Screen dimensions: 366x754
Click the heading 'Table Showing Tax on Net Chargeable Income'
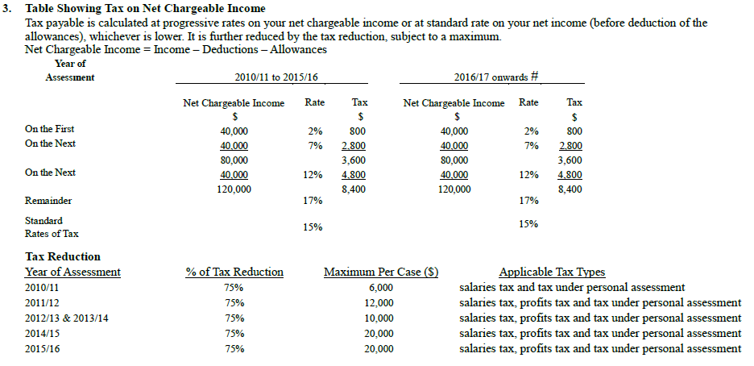tap(145, 9)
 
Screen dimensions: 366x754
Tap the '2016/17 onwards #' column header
tap(495, 77)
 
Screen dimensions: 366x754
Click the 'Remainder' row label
tap(48, 201)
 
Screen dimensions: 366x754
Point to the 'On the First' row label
tap(50, 129)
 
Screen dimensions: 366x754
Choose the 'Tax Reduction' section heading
tap(63, 257)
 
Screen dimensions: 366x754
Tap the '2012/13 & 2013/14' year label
tap(67, 318)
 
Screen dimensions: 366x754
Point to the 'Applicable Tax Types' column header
tap(552, 272)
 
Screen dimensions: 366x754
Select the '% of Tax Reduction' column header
tap(234, 272)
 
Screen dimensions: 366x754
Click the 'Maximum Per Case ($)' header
tap(380, 272)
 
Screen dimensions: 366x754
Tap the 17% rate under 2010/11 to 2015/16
tap(313, 201)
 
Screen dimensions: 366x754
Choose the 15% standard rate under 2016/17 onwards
tap(528, 224)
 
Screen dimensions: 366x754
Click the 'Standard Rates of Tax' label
tap(52, 227)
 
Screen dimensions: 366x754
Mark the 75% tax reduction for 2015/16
tap(234, 349)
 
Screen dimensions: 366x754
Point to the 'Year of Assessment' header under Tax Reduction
tap(72, 272)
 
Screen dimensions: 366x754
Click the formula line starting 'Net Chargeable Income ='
tap(176, 50)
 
